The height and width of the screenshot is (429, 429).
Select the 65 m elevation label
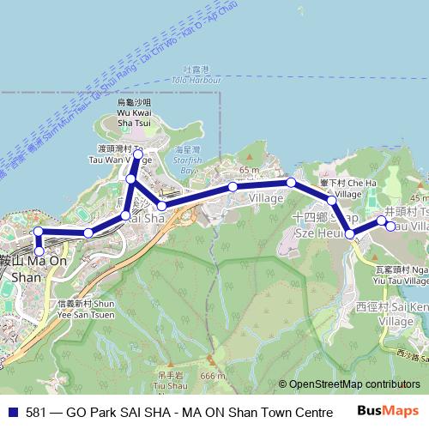250,170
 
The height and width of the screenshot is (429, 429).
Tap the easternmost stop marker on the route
390,227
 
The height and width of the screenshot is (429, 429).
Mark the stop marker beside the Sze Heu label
350,233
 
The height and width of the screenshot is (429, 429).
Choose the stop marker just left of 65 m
233,187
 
